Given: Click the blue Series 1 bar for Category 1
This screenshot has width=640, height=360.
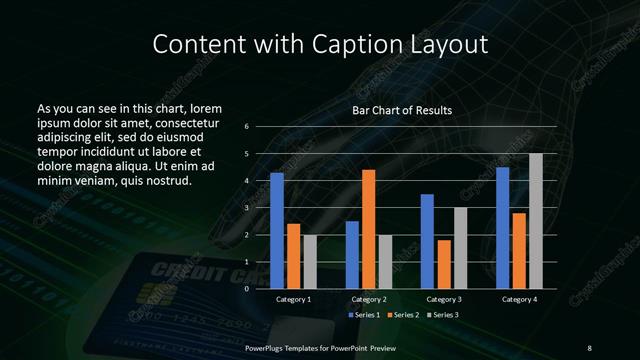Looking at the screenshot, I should pos(277,231).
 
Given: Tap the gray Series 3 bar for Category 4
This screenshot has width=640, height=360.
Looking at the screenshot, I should pos(536,221).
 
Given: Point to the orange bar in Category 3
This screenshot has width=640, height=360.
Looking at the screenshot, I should pos(444,264).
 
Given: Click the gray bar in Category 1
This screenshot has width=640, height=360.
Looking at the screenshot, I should pos(309,261).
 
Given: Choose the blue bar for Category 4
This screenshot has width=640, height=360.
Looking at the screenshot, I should pos(502,228).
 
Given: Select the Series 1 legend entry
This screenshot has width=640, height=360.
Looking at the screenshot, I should pos(364,315).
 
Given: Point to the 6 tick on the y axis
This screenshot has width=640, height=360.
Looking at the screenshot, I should pos(247,127).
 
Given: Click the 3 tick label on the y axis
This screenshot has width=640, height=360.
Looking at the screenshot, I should pos(247,208).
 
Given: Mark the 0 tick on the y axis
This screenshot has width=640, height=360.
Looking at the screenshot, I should pos(247,289).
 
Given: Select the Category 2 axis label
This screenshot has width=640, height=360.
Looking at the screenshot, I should pos(368,299).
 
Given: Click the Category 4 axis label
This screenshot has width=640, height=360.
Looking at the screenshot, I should pos(519,299).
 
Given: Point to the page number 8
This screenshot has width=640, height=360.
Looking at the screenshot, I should pos(589,347).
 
